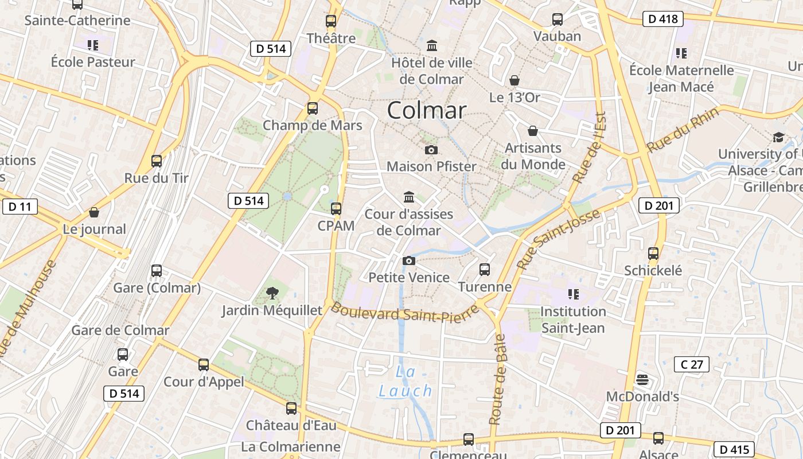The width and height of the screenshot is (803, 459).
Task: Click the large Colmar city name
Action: (426, 110)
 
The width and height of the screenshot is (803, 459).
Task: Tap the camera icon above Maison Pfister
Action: (431, 150)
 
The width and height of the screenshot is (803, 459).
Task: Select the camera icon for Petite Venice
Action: (408, 261)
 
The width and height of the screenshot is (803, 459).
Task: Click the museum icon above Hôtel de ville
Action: (432, 45)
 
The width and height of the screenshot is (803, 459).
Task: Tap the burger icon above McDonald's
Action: (642, 379)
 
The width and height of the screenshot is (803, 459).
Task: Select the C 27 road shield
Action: (691, 364)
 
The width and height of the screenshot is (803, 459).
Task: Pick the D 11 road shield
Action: (20, 207)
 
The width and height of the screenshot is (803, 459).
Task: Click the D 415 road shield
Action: (734, 449)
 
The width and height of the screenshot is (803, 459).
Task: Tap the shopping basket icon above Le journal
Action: (94, 213)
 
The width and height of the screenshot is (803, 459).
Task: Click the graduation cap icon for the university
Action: (778, 137)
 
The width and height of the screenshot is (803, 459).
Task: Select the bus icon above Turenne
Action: (485, 269)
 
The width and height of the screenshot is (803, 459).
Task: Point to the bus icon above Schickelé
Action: (653, 253)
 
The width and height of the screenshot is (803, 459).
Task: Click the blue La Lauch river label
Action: (405, 382)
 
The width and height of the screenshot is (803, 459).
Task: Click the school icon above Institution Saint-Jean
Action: (573, 294)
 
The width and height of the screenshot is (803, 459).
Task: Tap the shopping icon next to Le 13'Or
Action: (514, 80)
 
